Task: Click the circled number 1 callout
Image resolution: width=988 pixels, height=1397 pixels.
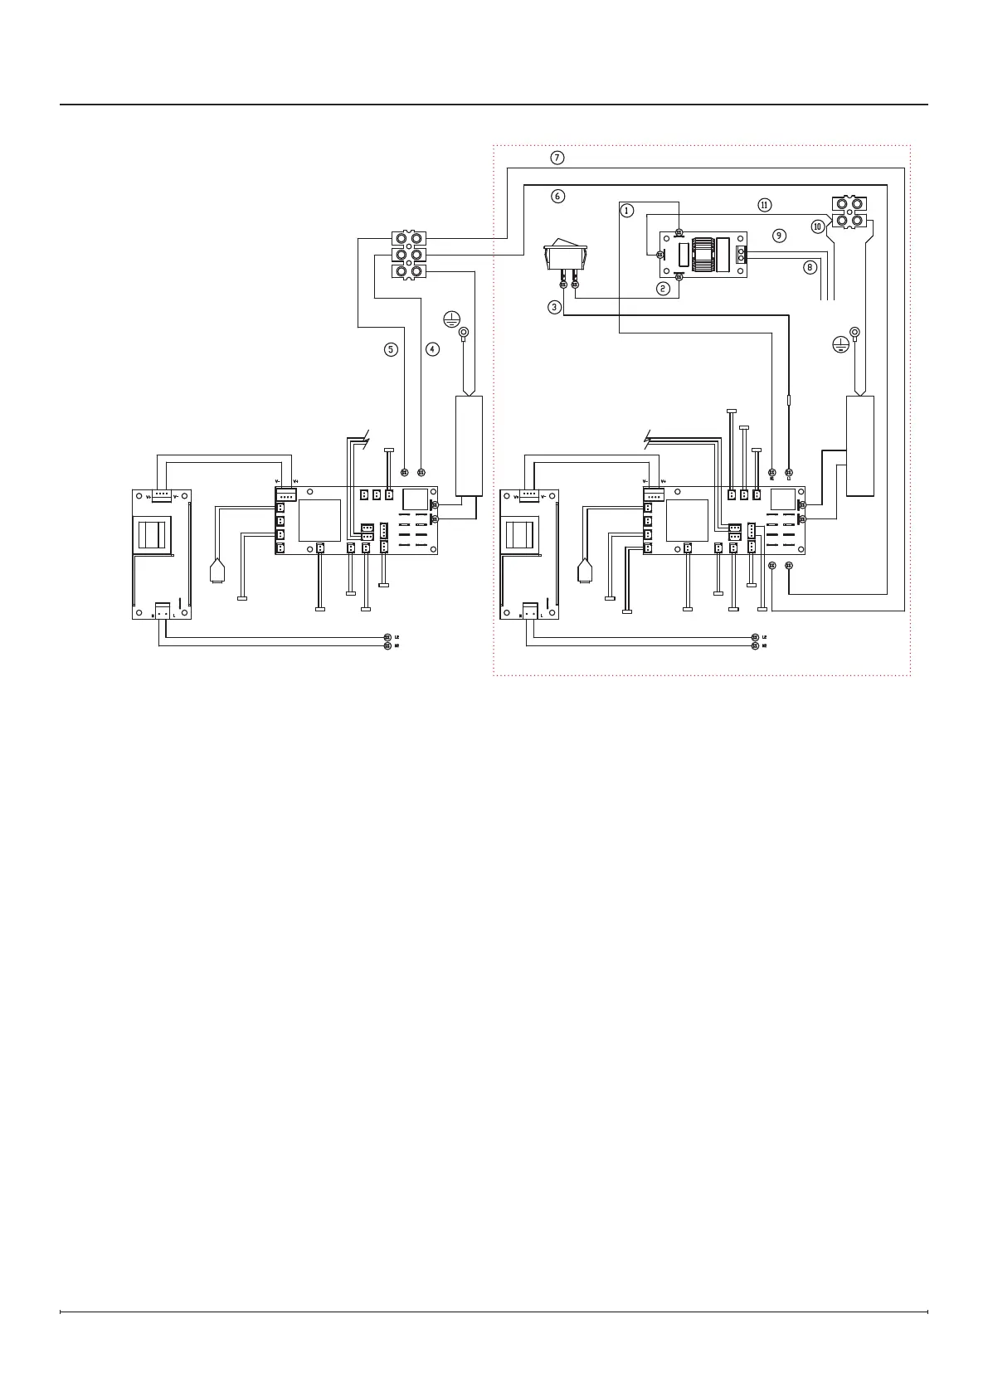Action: (627, 211)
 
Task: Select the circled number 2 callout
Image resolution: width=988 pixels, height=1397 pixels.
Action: (663, 289)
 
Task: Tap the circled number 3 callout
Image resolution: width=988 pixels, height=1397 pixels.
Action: (555, 307)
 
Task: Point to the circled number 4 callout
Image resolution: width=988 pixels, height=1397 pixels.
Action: (432, 349)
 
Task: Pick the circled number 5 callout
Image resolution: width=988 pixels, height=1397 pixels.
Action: (391, 349)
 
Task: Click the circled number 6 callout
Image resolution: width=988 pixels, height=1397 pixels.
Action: (557, 196)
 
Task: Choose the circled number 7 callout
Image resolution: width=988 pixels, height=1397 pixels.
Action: (557, 158)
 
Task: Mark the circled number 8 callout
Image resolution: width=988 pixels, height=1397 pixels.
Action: (810, 267)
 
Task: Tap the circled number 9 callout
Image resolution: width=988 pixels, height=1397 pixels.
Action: (778, 236)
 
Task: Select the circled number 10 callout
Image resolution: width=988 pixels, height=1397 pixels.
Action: (818, 226)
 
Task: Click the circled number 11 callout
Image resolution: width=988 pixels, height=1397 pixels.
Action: (764, 204)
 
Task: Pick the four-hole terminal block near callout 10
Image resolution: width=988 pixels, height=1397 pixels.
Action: (850, 212)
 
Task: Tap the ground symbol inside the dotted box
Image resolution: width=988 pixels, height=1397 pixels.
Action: (840, 344)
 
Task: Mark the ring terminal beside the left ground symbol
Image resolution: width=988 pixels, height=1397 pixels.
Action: (465, 333)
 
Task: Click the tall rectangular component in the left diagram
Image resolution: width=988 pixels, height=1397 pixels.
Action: (469, 445)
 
